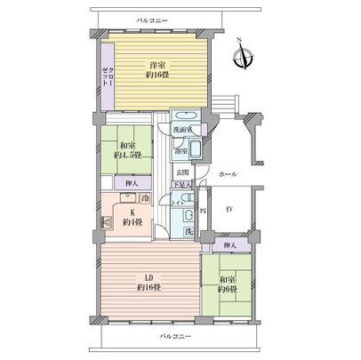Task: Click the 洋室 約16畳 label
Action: (156, 70)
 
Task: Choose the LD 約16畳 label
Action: (148, 283)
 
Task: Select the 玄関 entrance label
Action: (180, 172)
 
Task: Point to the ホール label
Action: (229, 174)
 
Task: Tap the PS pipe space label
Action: (204, 211)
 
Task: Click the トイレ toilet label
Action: (179, 203)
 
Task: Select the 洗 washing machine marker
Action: (189, 231)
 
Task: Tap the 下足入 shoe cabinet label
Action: (180, 186)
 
